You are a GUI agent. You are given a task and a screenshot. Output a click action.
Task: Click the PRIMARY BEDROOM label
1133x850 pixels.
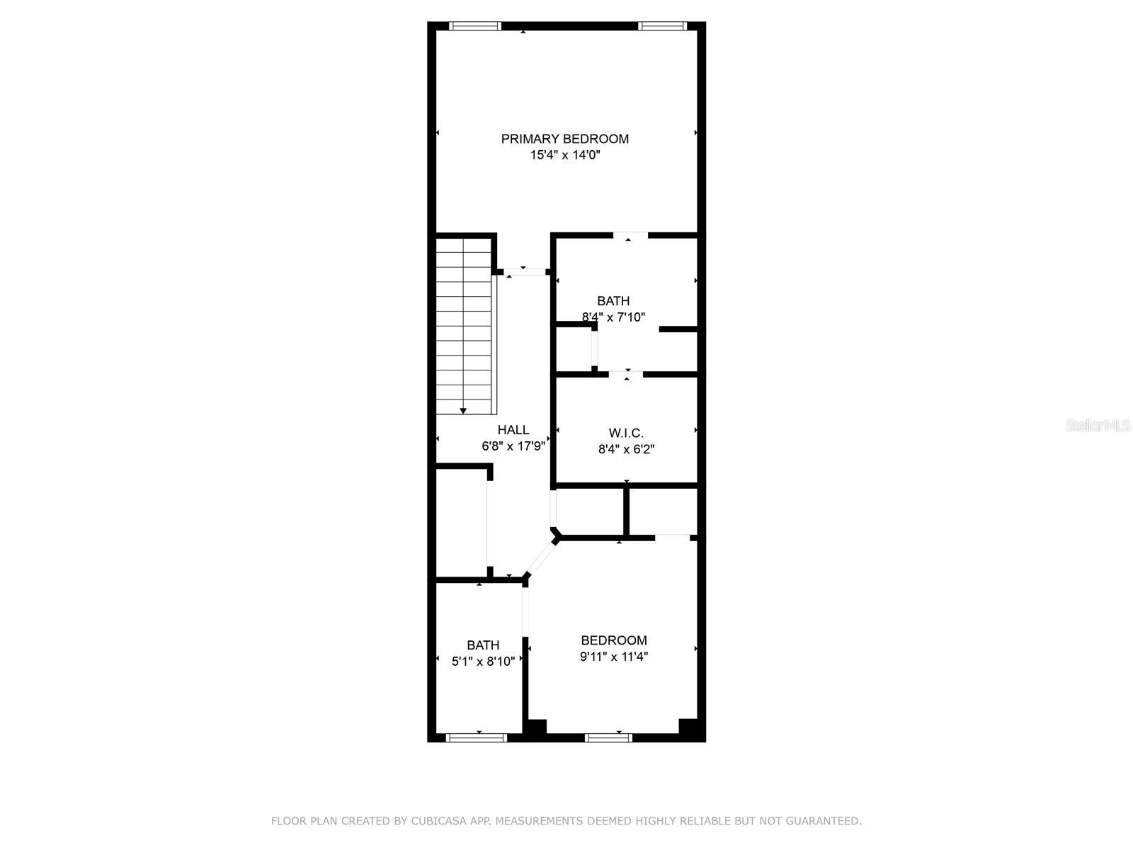point(564,139)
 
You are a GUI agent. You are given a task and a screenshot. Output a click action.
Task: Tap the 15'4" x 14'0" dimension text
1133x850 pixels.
point(564,155)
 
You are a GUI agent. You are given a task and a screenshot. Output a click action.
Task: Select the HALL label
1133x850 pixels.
point(513,430)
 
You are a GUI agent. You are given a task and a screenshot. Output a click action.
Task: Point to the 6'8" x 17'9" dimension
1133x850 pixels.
point(513,446)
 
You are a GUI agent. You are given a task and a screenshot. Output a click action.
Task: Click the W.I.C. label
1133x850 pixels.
point(626,433)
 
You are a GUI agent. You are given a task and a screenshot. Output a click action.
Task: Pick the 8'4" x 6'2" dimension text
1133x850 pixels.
point(626,449)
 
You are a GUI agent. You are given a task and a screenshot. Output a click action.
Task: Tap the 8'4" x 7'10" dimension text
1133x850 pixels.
point(613,317)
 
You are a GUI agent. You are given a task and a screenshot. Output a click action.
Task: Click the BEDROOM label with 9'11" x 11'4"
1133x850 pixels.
point(614,640)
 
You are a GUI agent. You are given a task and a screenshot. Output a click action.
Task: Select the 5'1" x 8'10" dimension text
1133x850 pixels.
point(483,662)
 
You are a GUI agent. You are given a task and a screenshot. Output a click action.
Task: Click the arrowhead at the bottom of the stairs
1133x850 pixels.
point(463,410)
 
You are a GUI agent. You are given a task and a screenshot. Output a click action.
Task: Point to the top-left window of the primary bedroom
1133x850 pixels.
point(475,26)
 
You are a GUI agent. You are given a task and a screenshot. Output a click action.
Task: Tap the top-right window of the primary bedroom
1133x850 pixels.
point(662,26)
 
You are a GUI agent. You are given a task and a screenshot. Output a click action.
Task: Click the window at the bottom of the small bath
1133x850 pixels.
point(477,737)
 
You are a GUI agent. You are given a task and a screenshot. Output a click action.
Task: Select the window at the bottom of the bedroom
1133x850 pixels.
point(608,737)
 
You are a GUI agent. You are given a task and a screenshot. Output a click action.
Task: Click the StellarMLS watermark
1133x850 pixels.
point(1098,426)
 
